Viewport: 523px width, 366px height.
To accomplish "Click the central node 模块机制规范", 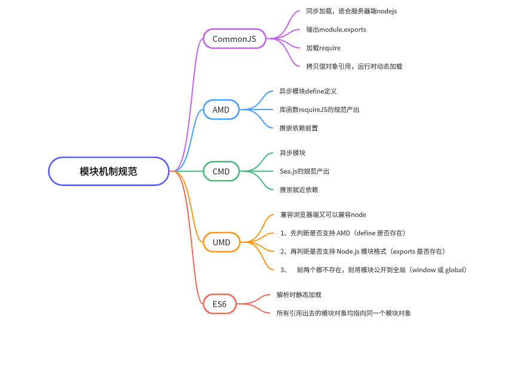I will (108, 171).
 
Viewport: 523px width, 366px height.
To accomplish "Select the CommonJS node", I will (234, 39).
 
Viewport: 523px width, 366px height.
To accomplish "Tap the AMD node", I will (221, 109).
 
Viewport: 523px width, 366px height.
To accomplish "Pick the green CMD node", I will (221, 171).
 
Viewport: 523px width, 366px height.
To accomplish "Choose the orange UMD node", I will (221, 242).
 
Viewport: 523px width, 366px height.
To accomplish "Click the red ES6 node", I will (219, 304).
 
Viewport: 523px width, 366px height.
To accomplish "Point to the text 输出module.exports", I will (336, 29).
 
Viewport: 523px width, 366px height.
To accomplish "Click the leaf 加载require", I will (323, 48).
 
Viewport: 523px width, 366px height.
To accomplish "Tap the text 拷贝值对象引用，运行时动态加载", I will (354, 66).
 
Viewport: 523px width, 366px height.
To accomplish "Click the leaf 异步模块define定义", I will (308, 91).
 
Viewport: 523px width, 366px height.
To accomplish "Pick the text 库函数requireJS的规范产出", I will (319, 109).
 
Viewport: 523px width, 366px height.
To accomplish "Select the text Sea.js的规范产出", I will (304, 171).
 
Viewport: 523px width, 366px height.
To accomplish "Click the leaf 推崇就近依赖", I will (299, 190).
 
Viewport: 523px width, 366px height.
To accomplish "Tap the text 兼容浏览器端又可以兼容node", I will (323, 215).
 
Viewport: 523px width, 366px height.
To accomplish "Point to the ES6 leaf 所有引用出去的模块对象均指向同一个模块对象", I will (343, 313).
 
